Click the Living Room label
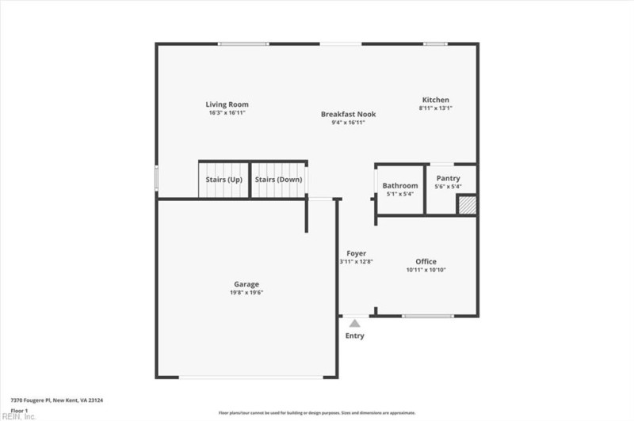(x=227, y=104)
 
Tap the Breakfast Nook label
(x=348, y=114)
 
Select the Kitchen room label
(x=435, y=100)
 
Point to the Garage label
(x=246, y=284)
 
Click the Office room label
(x=426, y=261)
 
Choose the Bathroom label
(x=399, y=187)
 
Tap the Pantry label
(x=448, y=179)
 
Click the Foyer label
(x=357, y=253)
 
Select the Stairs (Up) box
(x=224, y=180)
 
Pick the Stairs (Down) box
(x=278, y=180)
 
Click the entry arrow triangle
(x=354, y=322)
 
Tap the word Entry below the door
(x=354, y=336)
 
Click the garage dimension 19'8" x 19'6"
(x=246, y=293)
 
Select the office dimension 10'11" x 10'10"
(x=426, y=270)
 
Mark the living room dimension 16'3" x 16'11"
(x=227, y=113)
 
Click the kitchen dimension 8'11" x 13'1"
(x=435, y=108)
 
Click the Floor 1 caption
(x=19, y=411)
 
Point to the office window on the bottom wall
(x=426, y=316)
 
